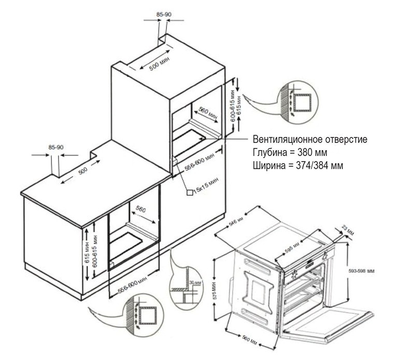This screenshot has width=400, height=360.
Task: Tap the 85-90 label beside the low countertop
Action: pos(55,148)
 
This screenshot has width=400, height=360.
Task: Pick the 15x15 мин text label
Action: pos(205,184)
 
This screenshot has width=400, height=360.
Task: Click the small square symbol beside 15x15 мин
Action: pos(190,192)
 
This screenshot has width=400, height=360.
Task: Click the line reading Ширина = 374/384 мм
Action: pos(297,165)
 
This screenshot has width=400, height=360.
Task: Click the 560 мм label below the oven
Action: pos(249,340)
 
